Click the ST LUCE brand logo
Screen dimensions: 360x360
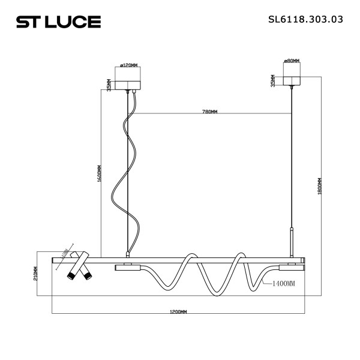pos(58,22)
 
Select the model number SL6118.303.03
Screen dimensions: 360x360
pos(305,19)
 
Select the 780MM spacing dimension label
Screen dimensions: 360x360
pos(209,112)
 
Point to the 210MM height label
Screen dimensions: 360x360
pos(37,274)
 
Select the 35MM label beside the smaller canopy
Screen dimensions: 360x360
pos(272,80)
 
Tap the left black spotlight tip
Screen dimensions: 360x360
pos(71,276)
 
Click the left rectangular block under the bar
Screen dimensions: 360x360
pos(127,267)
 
